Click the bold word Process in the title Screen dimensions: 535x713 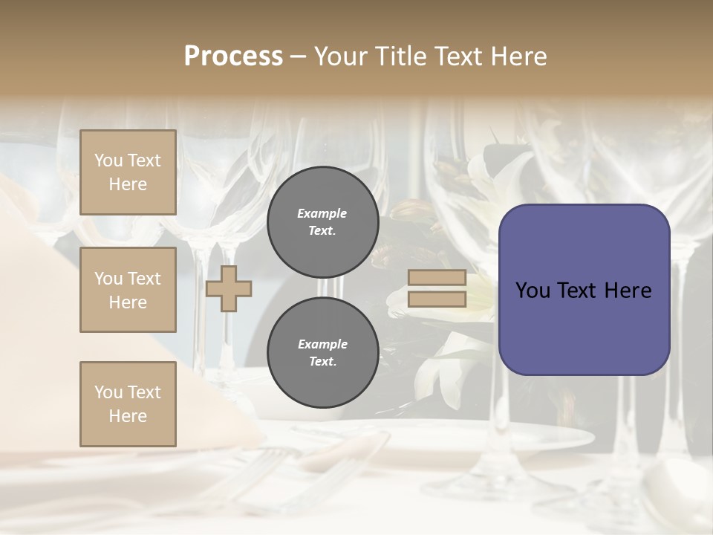pos(233,56)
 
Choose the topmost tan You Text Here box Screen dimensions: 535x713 pos(128,172)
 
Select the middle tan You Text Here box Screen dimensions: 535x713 pos(128,290)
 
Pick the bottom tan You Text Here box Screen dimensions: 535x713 pos(128,404)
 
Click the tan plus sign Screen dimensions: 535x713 pos(228,288)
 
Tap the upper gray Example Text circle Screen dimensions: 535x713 pos(322,221)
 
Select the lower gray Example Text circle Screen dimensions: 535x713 pos(322,353)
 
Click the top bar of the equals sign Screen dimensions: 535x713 pos(437,278)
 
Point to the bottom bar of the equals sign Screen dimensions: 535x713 pos(437,299)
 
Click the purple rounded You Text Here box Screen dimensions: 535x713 pos(584,290)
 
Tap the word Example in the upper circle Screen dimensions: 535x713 pos(322,213)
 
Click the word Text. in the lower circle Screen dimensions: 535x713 pos(322,362)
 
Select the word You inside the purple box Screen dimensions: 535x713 pos(533,291)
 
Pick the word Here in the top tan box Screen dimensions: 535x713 pos(128,184)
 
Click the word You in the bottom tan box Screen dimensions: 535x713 pos(108,392)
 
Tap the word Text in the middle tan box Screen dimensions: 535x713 pos(144,279)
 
